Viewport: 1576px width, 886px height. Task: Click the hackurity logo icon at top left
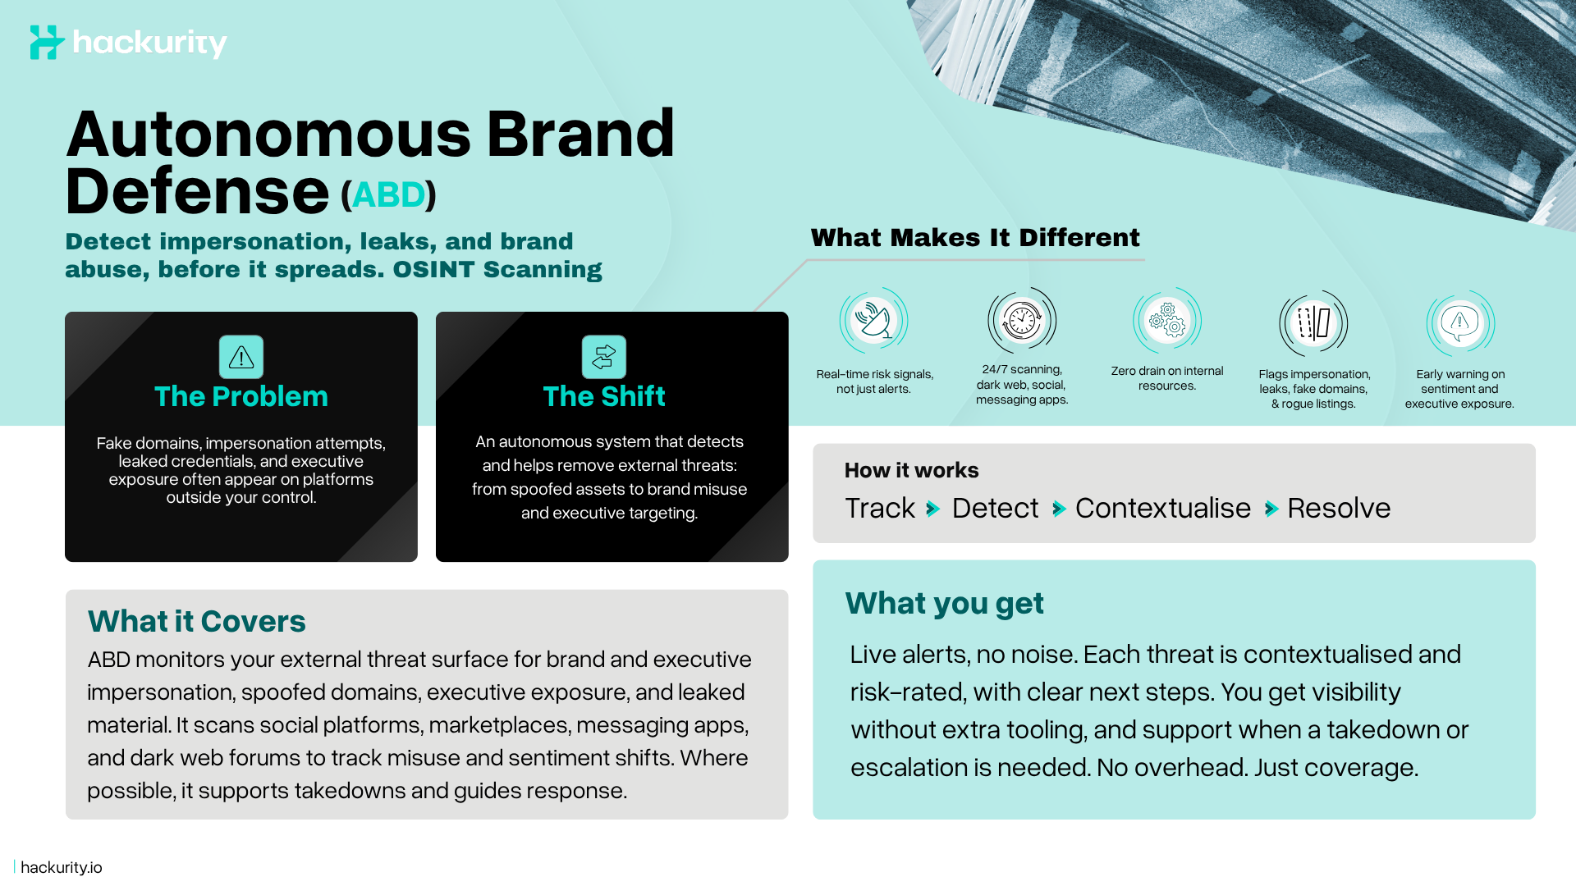pos(47,42)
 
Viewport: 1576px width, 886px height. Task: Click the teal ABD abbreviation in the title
pos(388,195)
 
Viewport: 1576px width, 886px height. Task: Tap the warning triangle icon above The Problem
pos(241,357)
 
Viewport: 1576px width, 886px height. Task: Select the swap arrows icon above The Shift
pos(604,357)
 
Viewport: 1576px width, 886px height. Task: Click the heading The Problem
pos(241,397)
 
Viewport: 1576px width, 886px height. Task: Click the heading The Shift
pos(604,397)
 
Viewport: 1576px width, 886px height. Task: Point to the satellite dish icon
pos(873,321)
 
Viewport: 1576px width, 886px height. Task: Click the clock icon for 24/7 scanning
pos(1022,320)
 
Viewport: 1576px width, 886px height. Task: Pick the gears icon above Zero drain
pos(1167,320)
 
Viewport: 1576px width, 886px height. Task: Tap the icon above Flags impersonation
pos(1313,322)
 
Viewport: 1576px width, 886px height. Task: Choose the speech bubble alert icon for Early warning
pos(1459,322)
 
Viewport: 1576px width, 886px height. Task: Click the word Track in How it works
pos(880,509)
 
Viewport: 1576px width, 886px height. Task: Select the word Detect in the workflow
pos(995,509)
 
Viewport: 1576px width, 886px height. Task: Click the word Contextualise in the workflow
pos(1163,509)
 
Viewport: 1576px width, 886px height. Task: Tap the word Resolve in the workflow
pos(1339,509)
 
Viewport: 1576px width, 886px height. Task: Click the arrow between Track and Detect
pos(932,509)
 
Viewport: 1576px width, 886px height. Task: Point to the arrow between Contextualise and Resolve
pos(1271,509)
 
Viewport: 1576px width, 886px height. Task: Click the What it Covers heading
pos(197,622)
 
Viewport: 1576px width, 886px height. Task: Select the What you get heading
pos(944,604)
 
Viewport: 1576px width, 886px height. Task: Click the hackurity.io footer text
pos(62,867)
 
